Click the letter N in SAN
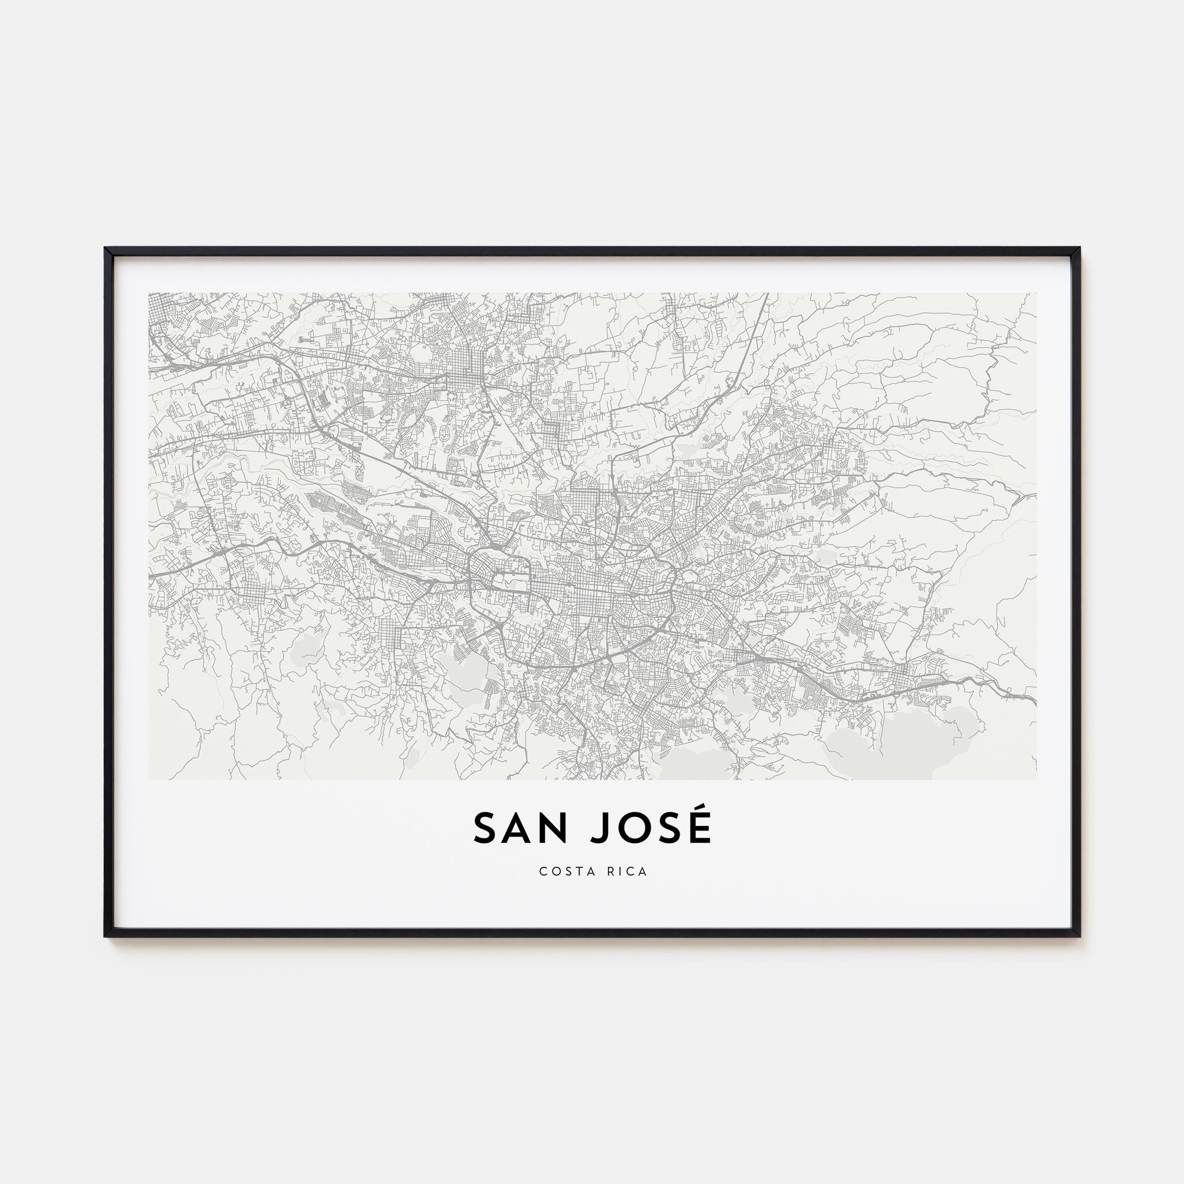coord(556,829)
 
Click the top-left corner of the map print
coord(149,293)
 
